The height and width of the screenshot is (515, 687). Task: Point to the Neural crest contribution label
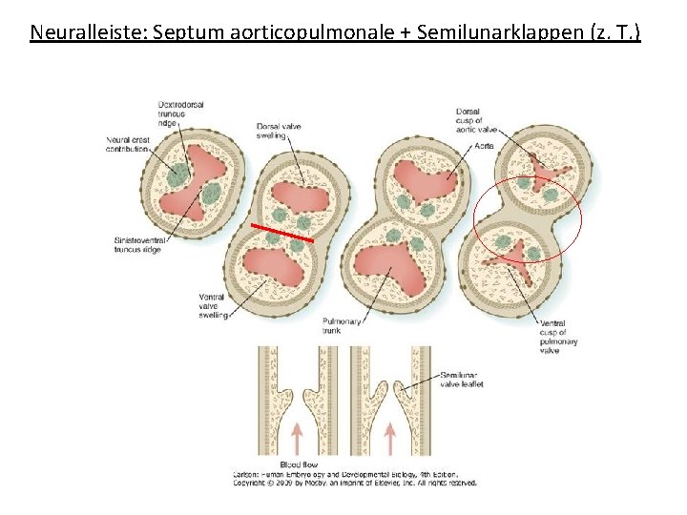coord(127,144)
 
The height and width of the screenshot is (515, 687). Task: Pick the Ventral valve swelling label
coord(212,306)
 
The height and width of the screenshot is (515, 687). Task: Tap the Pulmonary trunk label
coord(343,326)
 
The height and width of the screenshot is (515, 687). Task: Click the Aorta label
coord(484,146)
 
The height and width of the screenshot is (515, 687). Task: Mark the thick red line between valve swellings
coord(282,233)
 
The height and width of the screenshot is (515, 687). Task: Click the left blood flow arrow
coord(297,438)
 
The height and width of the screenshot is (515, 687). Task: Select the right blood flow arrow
coord(389,438)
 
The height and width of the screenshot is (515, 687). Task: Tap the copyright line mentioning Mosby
coord(355,482)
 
